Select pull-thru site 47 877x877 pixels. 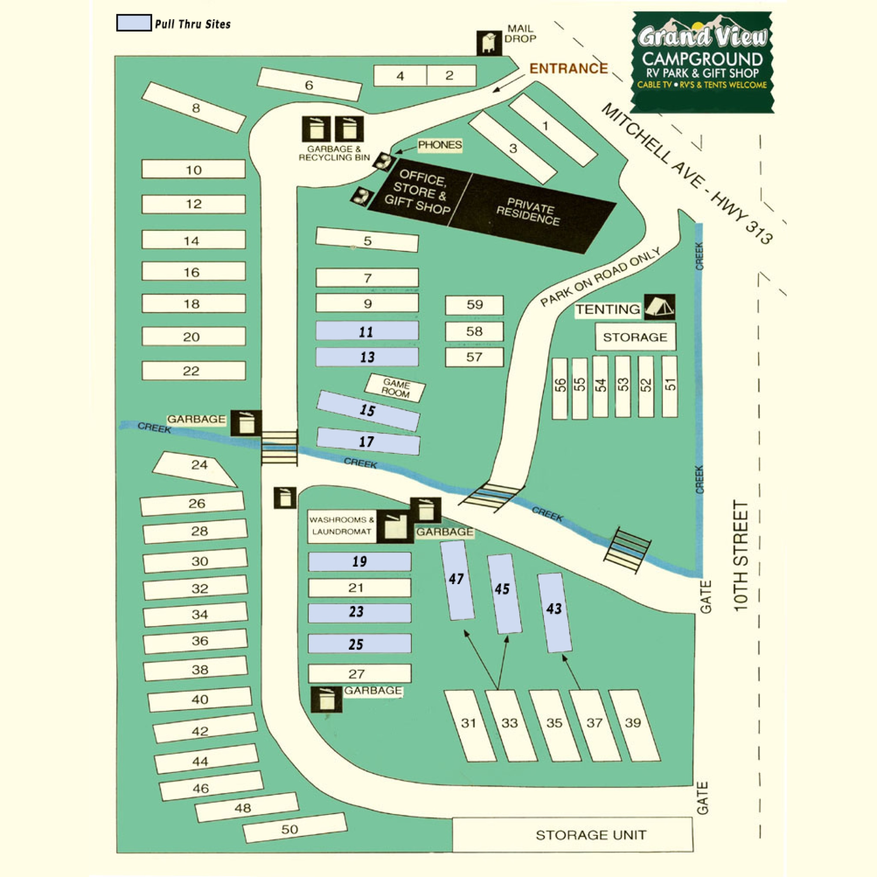[x=456, y=581]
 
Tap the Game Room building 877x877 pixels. [x=395, y=388]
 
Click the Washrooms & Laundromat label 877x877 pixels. [x=342, y=526]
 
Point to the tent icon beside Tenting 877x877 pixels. [x=659, y=307]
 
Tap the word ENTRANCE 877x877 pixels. [x=568, y=69]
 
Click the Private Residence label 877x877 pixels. [x=528, y=212]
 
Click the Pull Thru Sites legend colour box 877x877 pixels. [x=134, y=23]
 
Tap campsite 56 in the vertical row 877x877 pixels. [x=560, y=388]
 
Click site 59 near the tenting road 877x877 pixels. [x=474, y=304]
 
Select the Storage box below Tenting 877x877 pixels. [x=635, y=337]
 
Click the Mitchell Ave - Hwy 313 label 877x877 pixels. [x=686, y=173]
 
